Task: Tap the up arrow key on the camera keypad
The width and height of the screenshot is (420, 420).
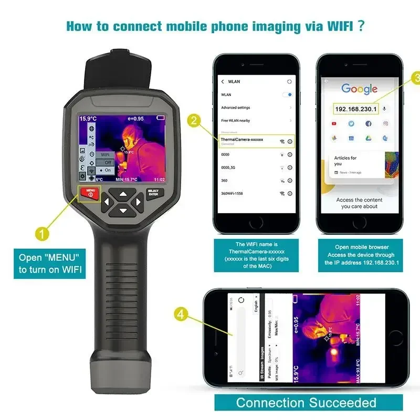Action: coord(123,193)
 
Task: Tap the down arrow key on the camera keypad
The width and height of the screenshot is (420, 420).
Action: coord(123,211)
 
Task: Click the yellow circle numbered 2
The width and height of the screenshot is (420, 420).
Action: coord(195,121)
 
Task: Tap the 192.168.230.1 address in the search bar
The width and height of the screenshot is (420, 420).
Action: coord(356,109)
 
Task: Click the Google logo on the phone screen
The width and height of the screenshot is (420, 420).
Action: coord(360,89)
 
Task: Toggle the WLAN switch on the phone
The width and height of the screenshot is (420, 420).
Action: coord(287,94)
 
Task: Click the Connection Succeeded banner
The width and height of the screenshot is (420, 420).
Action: coord(306,403)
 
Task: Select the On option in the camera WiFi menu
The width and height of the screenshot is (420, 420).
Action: coord(106,170)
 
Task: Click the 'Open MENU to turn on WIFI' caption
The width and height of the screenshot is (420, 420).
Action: coord(49,264)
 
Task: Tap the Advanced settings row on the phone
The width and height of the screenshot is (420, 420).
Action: coord(236,108)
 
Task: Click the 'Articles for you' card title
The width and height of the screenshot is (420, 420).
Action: coord(345,161)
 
